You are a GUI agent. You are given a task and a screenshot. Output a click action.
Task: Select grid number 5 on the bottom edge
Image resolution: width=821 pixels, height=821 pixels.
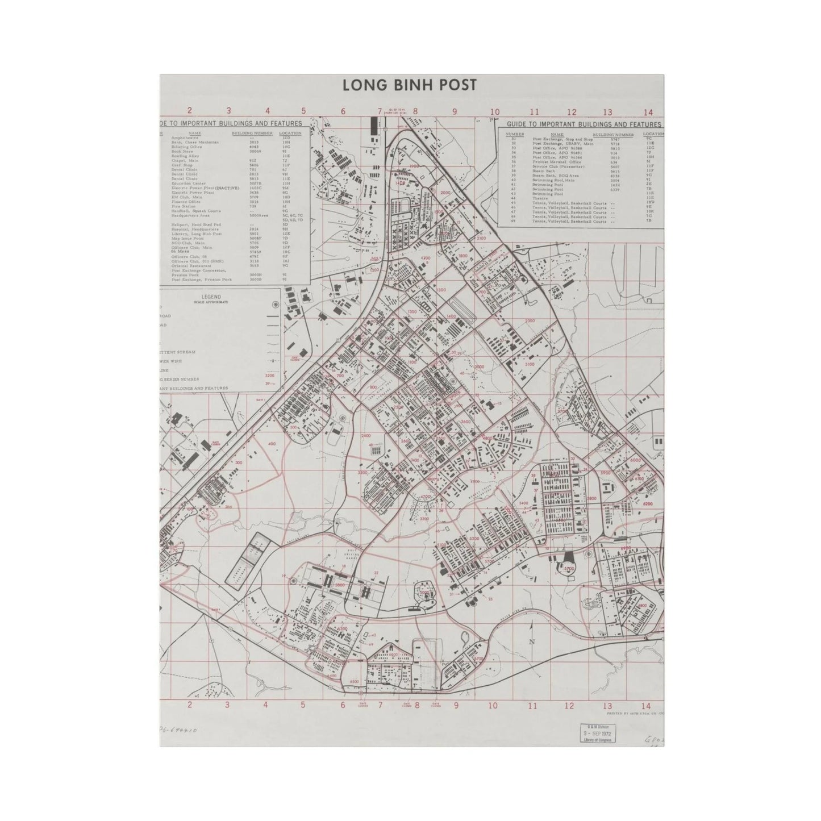303,705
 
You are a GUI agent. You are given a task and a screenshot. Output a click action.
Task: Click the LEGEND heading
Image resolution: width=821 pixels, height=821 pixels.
210,297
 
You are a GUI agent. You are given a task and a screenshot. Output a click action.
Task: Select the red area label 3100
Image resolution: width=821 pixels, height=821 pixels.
530,364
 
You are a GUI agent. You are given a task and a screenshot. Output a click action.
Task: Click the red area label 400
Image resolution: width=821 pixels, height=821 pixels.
272,444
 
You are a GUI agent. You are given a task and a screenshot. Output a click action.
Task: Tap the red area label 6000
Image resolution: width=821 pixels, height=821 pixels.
635,460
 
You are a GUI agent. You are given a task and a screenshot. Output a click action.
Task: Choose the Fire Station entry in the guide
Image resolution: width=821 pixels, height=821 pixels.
182,206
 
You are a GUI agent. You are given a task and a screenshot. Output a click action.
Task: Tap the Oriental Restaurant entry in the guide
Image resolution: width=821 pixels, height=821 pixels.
191,265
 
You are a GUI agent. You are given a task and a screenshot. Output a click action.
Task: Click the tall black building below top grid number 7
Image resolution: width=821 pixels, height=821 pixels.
374,126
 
